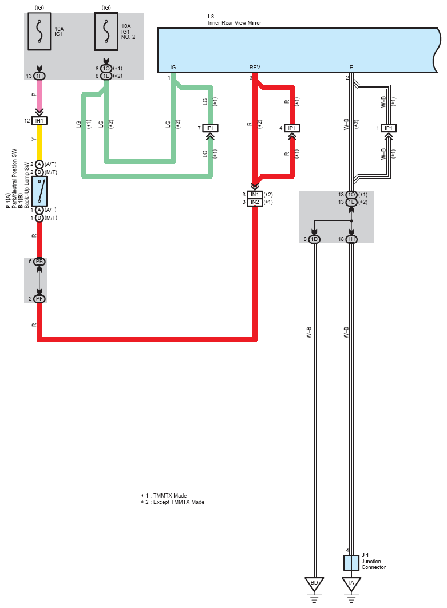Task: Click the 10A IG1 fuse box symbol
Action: (39, 31)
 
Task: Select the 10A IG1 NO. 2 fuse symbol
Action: (106, 31)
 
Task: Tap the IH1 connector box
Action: (39, 121)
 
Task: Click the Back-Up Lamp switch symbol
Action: (39, 191)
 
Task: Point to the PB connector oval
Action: (39, 262)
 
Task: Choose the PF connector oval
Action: (39, 299)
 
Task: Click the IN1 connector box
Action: (255, 195)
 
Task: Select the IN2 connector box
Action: (255, 202)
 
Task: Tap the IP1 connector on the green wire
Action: (210, 128)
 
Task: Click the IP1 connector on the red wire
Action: (292, 128)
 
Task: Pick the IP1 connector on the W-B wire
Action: (388, 128)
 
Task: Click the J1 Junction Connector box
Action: (351, 563)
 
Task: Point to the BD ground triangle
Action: (314, 583)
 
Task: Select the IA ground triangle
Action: (351, 583)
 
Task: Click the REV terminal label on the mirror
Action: (255, 68)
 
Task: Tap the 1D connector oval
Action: (314, 239)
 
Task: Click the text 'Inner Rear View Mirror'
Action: (235, 23)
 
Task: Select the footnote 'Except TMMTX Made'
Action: (179, 502)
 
